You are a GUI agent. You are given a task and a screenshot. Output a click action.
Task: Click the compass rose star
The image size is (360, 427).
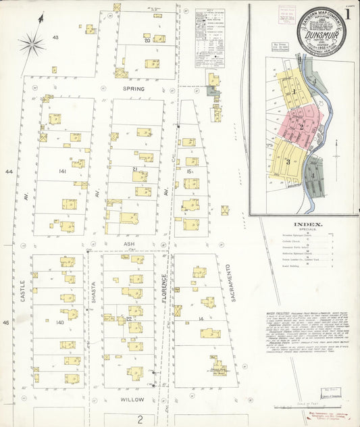point(31,45)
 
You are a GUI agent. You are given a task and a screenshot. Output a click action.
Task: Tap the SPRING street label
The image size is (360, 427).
point(134,89)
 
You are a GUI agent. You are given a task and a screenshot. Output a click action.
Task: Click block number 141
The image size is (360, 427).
point(63,172)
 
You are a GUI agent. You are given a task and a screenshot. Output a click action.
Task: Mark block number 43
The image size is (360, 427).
point(56,37)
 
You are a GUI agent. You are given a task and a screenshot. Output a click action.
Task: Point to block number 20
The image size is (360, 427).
point(147,41)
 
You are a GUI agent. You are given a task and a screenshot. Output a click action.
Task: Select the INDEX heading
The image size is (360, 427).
point(308,224)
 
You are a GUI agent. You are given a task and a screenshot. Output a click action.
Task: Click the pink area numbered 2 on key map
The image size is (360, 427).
point(301,126)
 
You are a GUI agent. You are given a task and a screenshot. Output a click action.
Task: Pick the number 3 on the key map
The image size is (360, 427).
point(286,161)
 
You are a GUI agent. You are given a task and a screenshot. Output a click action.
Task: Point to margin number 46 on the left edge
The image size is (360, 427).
point(8,323)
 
